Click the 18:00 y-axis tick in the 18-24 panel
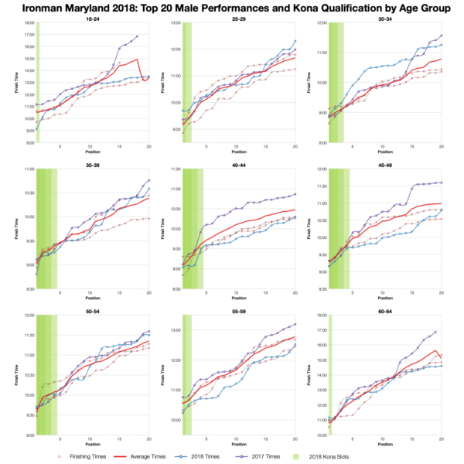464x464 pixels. (28, 23)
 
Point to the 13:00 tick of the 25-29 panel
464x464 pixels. (174, 23)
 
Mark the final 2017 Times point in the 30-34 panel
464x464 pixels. (442, 35)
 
